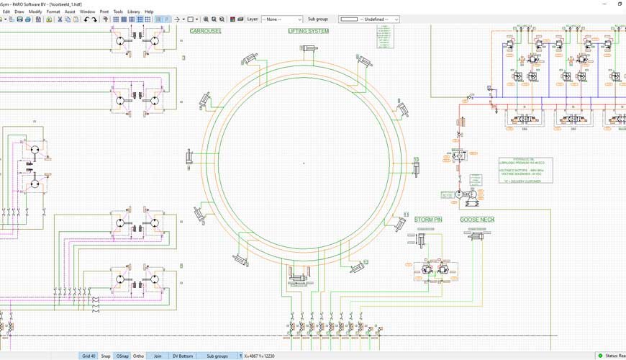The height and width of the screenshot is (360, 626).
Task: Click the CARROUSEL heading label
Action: click(x=206, y=31)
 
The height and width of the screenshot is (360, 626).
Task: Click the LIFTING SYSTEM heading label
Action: click(x=308, y=31)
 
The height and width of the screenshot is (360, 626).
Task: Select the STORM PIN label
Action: click(x=427, y=220)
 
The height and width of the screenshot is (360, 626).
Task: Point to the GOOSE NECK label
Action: click(x=478, y=220)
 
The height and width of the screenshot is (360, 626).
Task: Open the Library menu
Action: click(x=134, y=12)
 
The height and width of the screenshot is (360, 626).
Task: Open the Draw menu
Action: click(x=19, y=12)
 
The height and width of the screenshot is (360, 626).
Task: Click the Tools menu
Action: click(x=118, y=12)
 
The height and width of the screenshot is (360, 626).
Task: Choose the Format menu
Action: click(x=53, y=12)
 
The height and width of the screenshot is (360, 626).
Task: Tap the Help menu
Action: click(x=149, y=12)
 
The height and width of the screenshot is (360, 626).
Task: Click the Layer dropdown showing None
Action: click(x=281, y=19)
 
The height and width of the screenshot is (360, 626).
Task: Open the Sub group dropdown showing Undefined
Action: click(x=369, y=19)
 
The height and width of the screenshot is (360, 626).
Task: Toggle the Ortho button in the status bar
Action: click(x=139, y=356)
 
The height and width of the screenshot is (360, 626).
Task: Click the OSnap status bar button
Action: click(x=122, y=356)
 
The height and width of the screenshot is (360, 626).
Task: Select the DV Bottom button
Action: click(x=183, y=356)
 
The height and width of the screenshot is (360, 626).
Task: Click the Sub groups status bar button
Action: click(x=217, y=356)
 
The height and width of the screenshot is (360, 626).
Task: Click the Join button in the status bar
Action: click(x=158, y=356)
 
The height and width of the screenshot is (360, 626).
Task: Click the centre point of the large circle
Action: click(x=304, y=163)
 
